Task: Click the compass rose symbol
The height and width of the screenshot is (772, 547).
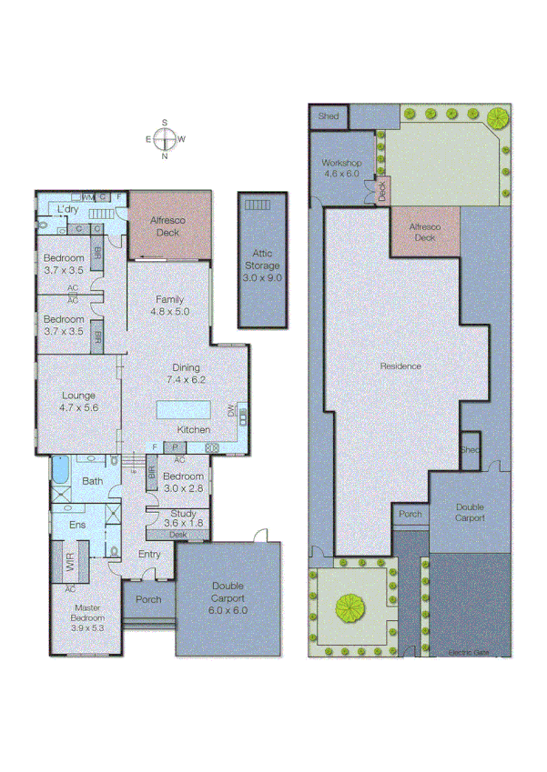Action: point(165,139)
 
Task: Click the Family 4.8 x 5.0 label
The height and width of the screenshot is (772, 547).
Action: point(169,306)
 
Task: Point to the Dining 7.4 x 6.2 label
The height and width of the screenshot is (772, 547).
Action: point(187,374)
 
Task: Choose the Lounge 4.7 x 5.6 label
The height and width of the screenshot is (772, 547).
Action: point(78,401)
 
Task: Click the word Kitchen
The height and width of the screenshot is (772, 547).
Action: point(193,429)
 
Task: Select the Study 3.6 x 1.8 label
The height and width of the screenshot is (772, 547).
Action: point(184,519)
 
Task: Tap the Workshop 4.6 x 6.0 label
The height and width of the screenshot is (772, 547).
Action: point(342,168)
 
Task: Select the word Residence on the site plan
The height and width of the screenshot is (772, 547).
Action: point(400,366)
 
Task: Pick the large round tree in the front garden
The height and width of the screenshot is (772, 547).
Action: point(349,605)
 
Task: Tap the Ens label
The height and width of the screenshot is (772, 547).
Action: point(77,526)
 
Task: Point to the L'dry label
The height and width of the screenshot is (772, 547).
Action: point(67,210)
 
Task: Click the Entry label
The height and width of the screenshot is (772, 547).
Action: point(149,554)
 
